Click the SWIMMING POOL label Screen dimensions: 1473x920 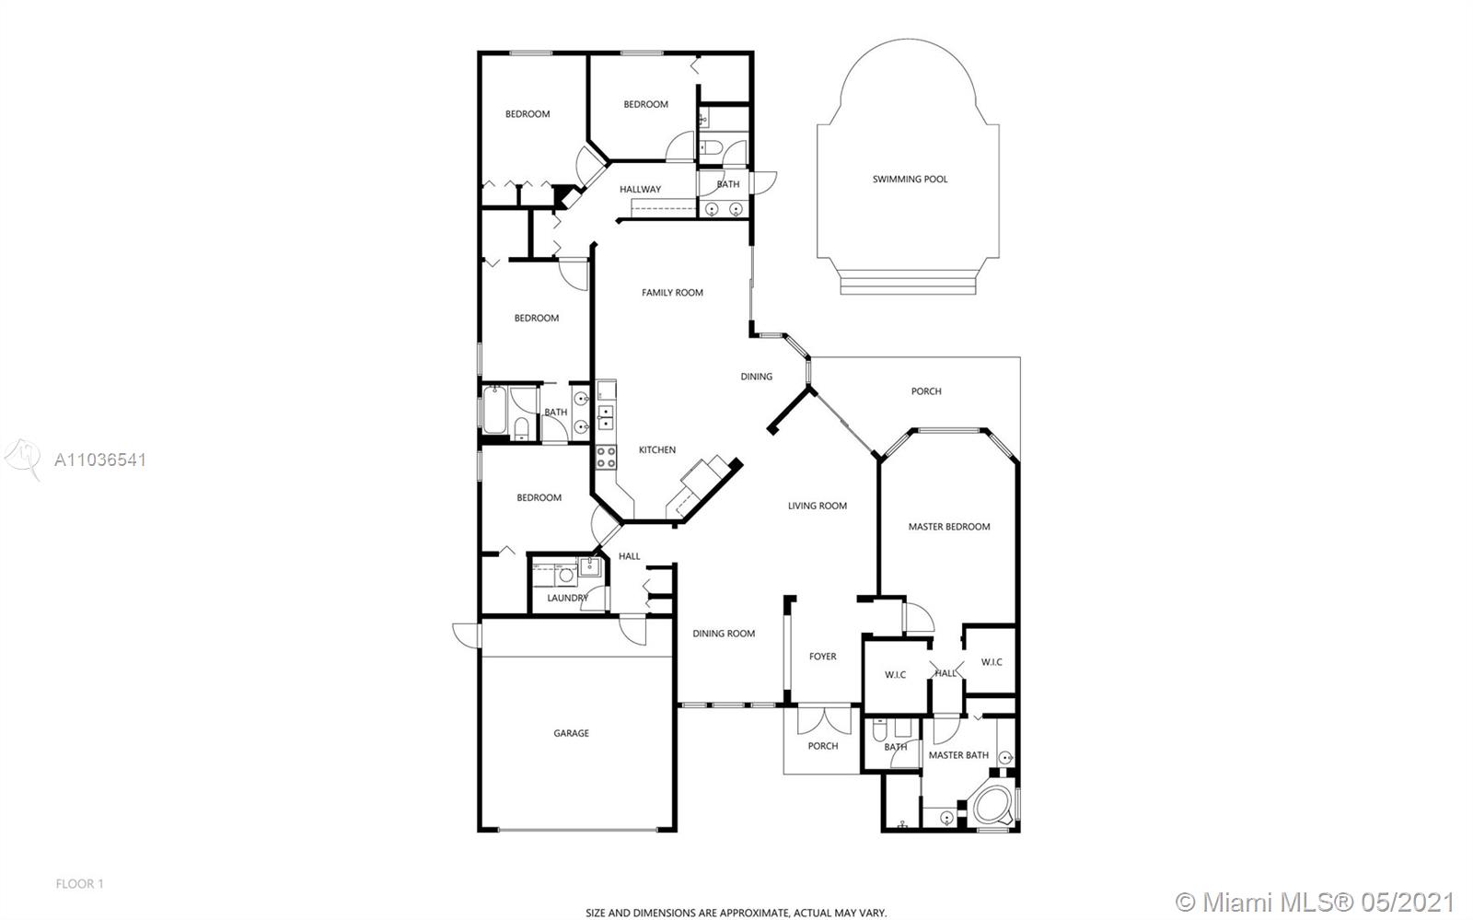point(910,179)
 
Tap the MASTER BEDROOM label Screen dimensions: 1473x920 point(949,526)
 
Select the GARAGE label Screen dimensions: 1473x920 point(571,732)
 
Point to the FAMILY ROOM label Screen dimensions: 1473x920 point(672,293)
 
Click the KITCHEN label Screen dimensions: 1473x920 point(657,449)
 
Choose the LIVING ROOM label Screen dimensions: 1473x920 point(818,506)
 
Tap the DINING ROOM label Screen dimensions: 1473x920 point(724,634)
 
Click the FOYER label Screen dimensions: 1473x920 point(823,657)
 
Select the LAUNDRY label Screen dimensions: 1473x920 point(567,598)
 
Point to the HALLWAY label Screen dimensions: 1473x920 point(640,190)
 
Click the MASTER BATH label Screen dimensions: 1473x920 point(958,755)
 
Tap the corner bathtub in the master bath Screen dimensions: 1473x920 point(992,804)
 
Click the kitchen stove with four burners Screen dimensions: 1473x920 point(607,457)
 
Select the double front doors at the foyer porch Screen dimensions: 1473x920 point(823,719)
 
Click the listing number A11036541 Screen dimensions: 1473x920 point(100,460)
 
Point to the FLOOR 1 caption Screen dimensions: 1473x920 point(79,884)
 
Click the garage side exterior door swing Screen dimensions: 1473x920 point(467,634)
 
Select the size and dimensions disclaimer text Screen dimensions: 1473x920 point(736,913)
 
